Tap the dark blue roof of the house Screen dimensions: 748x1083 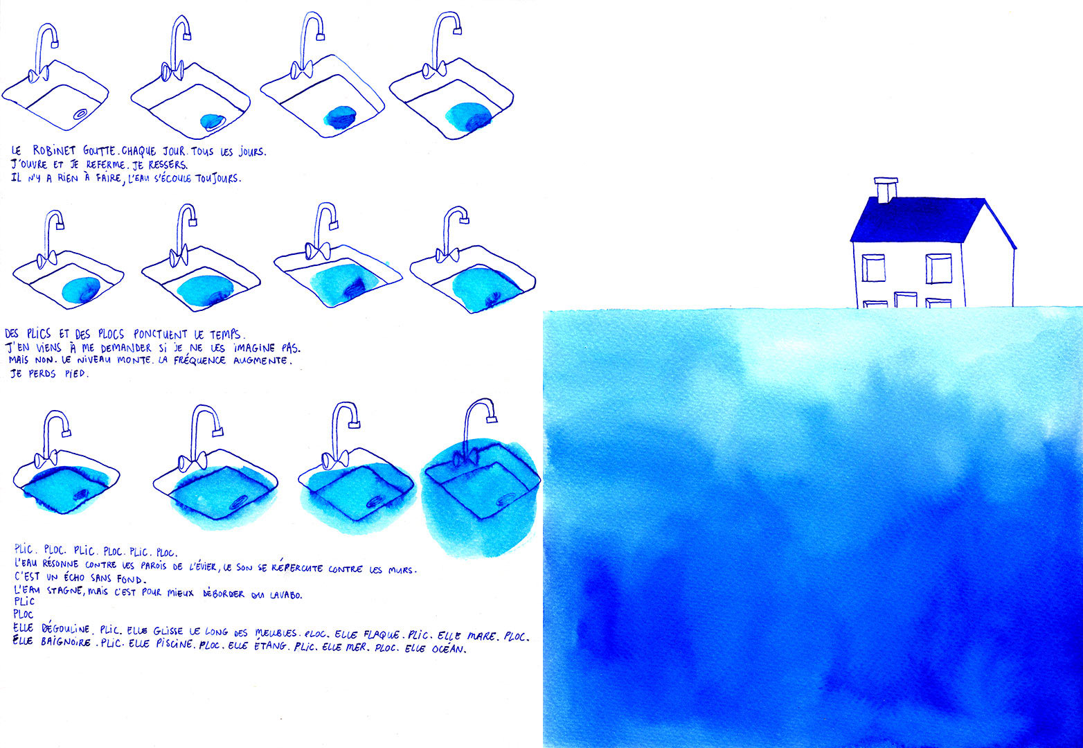pyautogui.click(x=914, y=220)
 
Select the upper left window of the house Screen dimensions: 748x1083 pyautogui.click(x=873, y=268)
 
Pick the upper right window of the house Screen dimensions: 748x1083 pyautogui.click(x=938, y=268)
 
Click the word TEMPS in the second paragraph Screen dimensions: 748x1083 pyautogui.click(x=226, y=335)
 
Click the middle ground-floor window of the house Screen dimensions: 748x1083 pyautogui.click(x=905, y=300)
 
